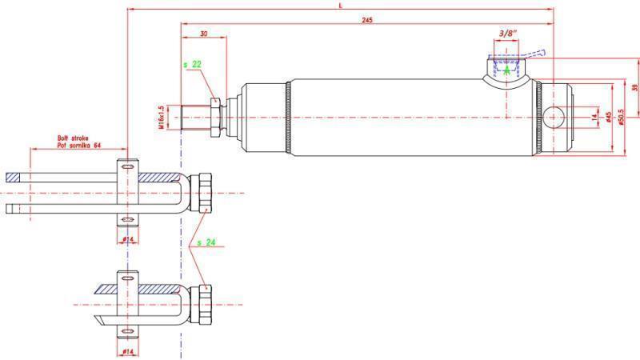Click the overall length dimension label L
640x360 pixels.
341,5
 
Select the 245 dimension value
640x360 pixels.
368,19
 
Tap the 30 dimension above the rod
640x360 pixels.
204,34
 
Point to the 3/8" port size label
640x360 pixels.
506,34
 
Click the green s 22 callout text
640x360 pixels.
192,63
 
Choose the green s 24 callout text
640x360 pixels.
207,242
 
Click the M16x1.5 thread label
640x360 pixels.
162,117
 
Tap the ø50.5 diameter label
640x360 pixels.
621,118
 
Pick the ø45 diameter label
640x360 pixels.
609,118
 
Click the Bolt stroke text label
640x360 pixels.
72,138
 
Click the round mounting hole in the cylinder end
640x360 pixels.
554,117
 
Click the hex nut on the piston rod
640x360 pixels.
214,117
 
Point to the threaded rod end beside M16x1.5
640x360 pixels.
194,117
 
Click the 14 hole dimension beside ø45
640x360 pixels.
594,117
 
